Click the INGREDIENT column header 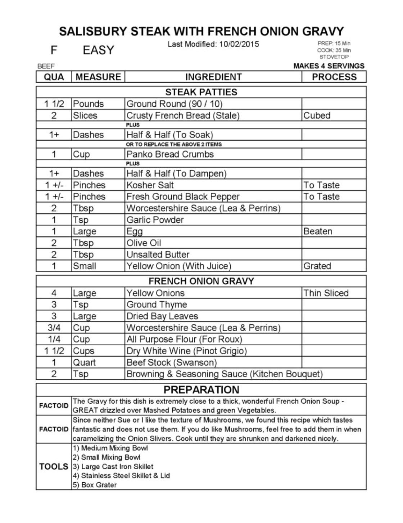click(x=213, y=77)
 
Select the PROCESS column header click(x=334, y=77)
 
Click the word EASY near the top click(x=98, y=50)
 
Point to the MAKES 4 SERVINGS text click(x=329, y=66)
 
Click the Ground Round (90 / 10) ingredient click(x=175, y=104)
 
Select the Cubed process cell click(x=317, y=115)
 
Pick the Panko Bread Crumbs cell click(x=170, y=154)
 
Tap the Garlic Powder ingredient click(x=155, y=220)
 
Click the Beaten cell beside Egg click(x=318, y=231)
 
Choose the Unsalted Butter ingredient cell click(x=158, y=254)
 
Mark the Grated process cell click(x=317, y=266)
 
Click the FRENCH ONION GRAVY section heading click(x=201, y=281)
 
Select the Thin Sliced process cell click(x=326, y=293)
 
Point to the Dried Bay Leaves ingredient click(x=162, y=316)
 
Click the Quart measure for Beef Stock click(x=85, y=362)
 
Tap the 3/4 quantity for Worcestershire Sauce click(x=54, y=328)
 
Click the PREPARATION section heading click(x=201, y=390)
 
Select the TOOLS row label click(x=54, y=466)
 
